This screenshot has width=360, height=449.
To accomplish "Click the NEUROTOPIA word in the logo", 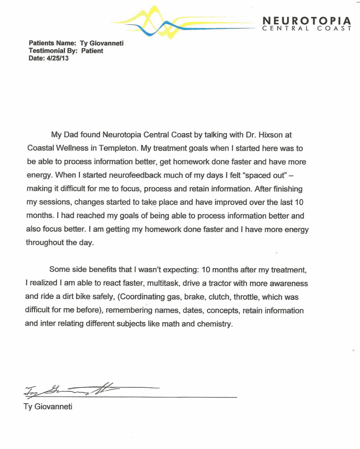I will [x=307, y=21].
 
